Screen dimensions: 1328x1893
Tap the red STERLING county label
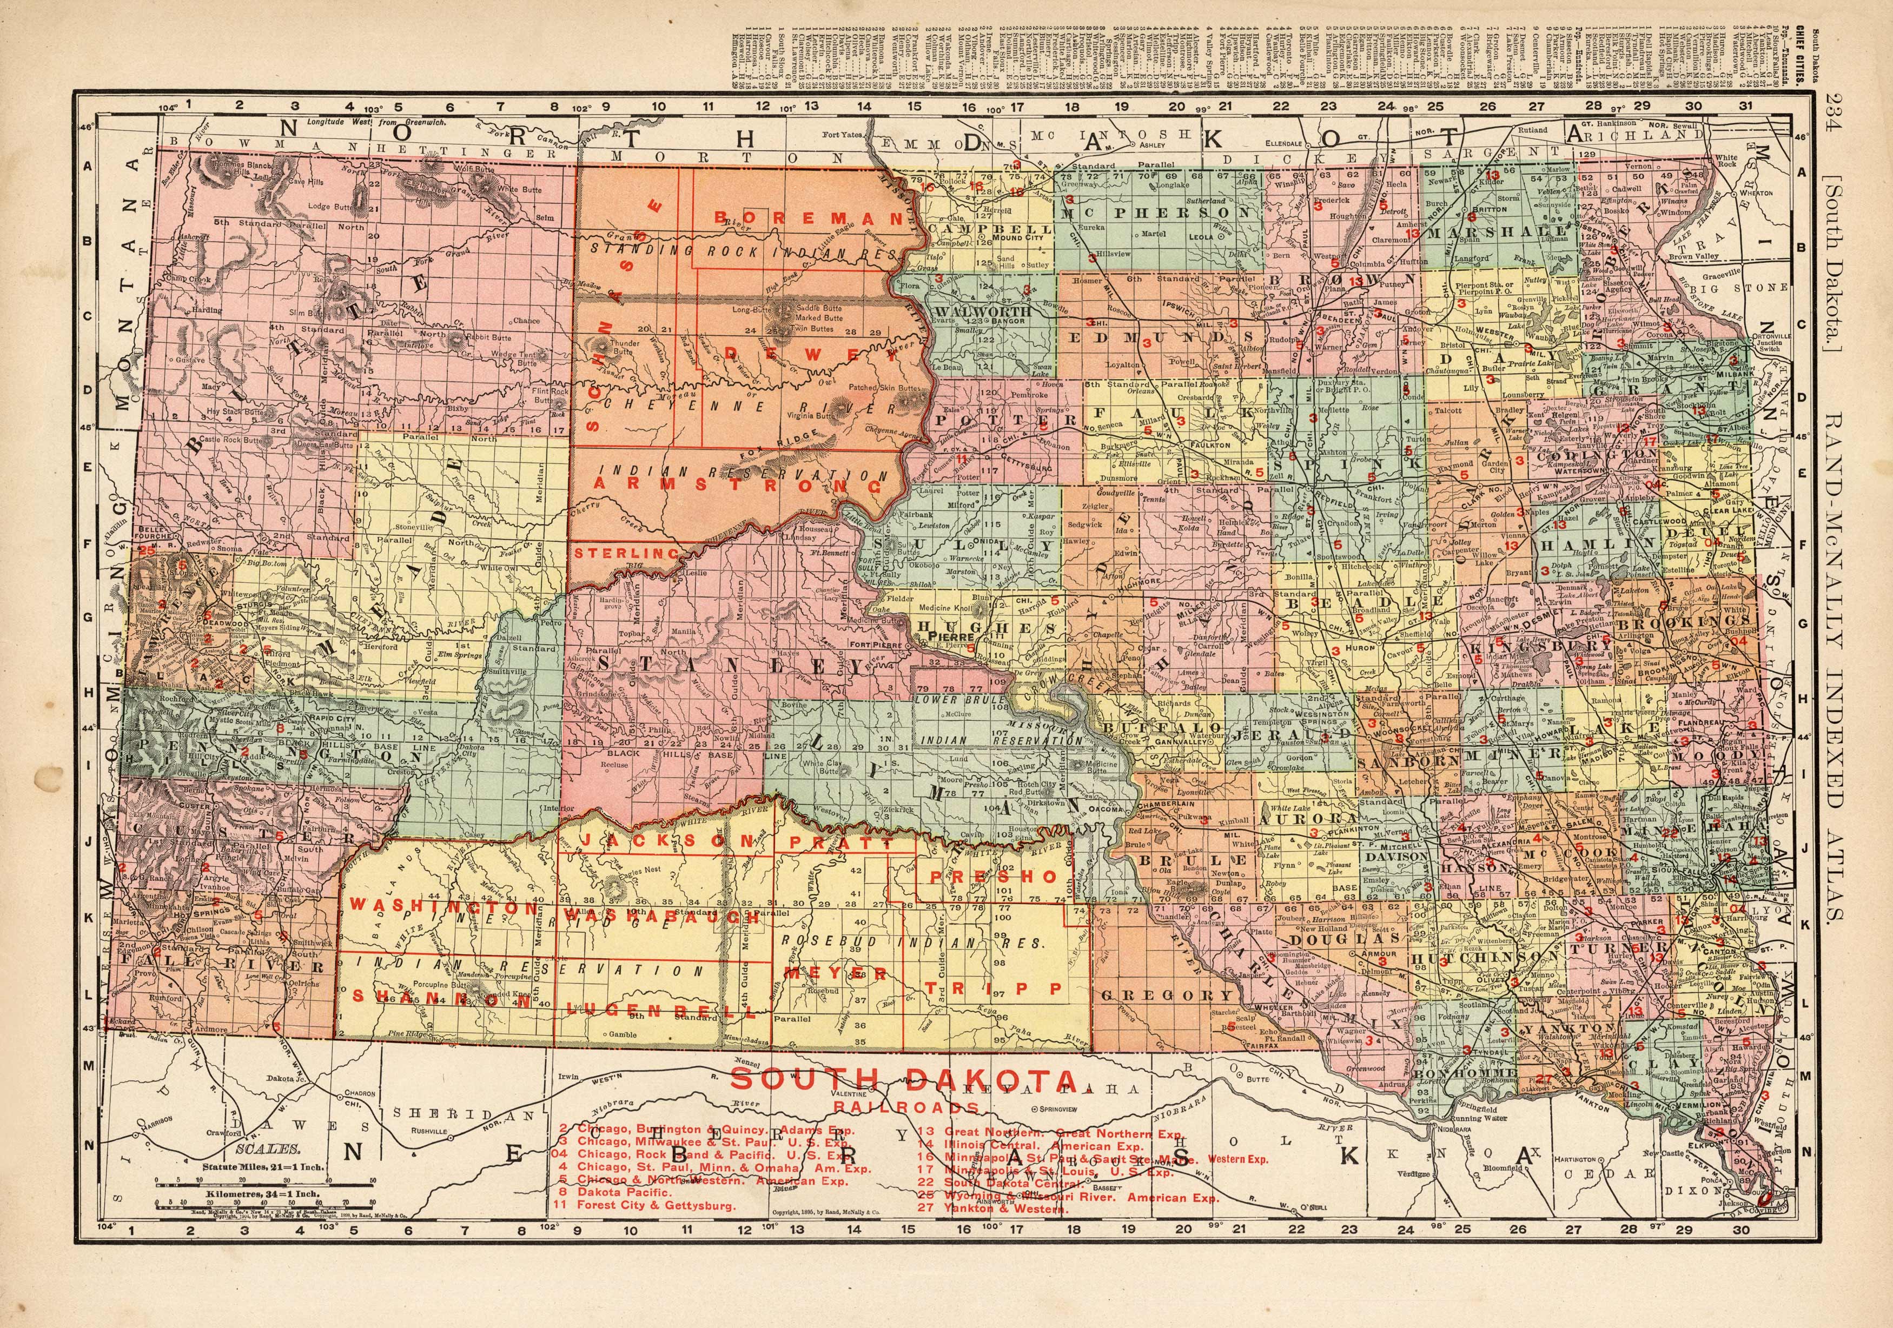[x=627, y=554]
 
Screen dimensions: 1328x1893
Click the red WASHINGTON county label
[x=443, y=905]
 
